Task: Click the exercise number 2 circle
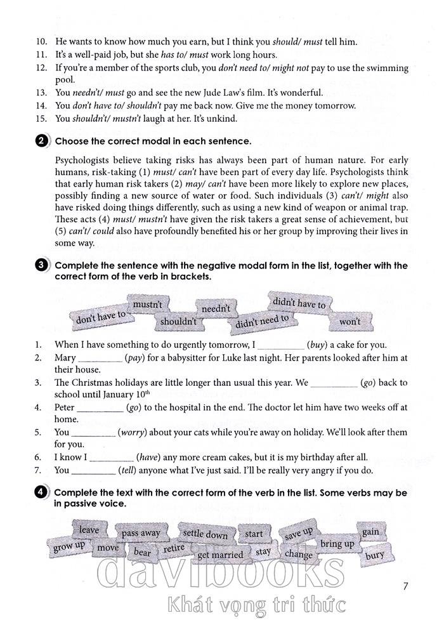[42, 142]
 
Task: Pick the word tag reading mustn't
[148, 305]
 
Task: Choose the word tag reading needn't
[216, 308]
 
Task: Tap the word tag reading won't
[349, 322]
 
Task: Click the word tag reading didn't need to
[262, 322]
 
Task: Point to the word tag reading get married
[220, 555]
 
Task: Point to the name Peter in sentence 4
[65, 407]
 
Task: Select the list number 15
[41, 119]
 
